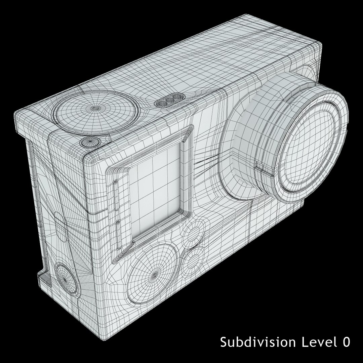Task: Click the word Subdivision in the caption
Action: coord(258,342)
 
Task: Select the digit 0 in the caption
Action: coord(346,342)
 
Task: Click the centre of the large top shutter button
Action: coord(95,108)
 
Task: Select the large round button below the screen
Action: coord(154,275)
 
